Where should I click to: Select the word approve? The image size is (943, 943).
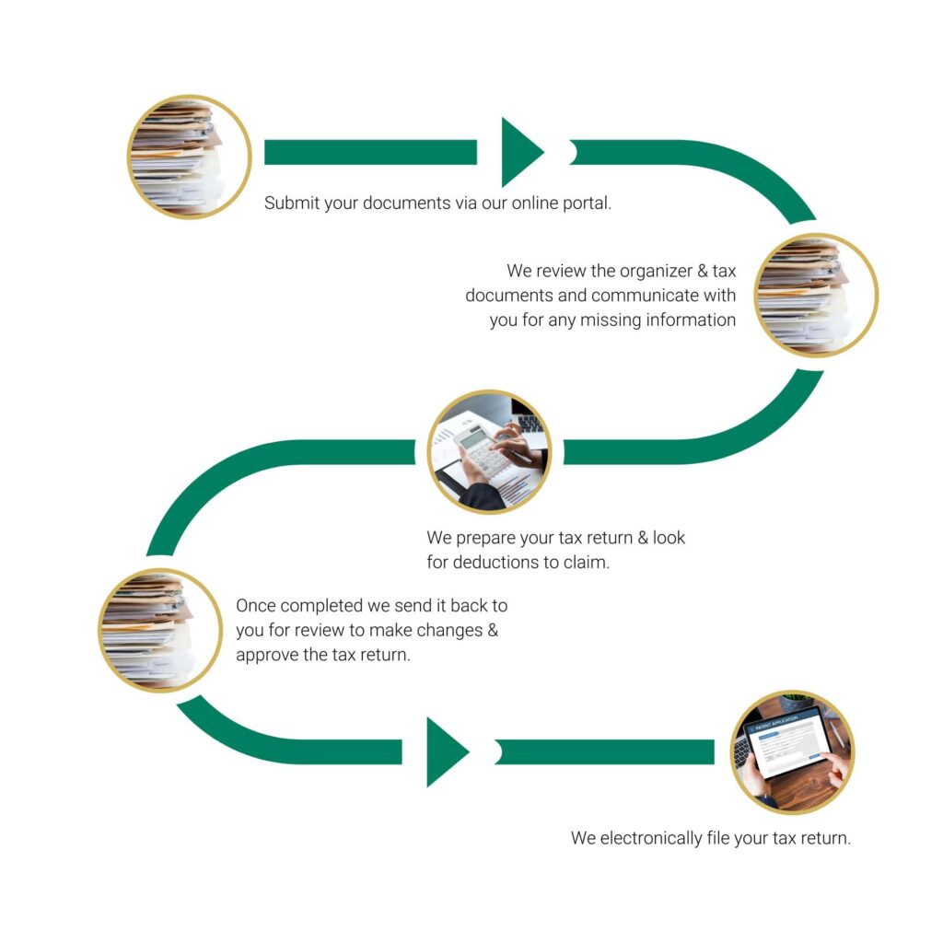click(x=266, y=656)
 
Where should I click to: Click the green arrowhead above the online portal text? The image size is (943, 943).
click(x=522, y=152)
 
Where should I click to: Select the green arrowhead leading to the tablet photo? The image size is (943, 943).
click(x=448, y=751)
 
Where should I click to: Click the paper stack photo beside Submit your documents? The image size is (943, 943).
click(x=190, y=157)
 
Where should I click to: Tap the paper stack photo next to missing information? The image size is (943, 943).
click(x=816, y=296)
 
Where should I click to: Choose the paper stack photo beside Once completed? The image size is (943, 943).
click(x=160, y=630)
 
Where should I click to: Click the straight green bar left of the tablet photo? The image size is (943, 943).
click(x=604, y=752)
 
